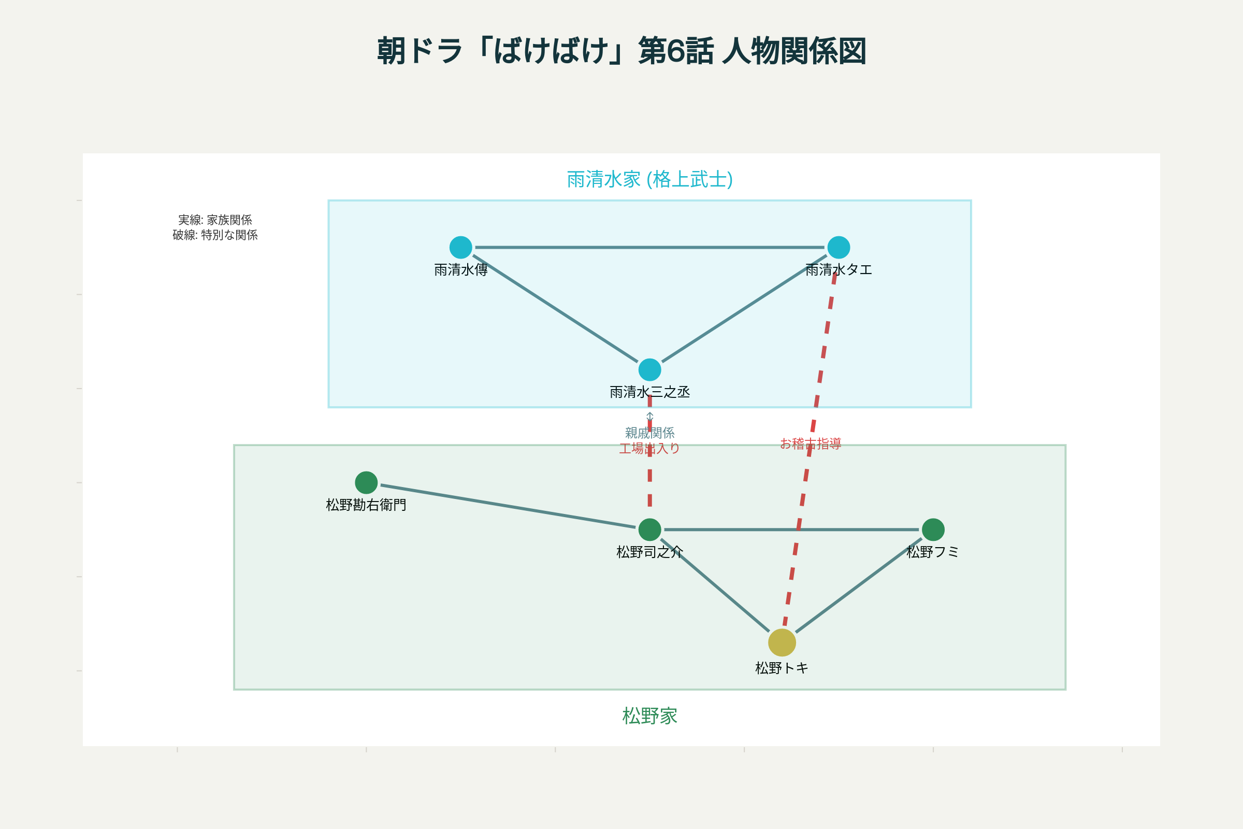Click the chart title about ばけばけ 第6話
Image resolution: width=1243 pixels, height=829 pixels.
point(621,51)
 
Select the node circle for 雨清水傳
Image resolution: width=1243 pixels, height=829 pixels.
point(461,248)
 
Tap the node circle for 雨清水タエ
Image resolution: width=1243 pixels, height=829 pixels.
point(839,248)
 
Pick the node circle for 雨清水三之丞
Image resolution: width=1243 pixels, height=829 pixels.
point(649,369)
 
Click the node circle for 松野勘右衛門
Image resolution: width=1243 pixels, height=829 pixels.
point(366,483)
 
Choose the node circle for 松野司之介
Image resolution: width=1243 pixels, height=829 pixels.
point(649,529)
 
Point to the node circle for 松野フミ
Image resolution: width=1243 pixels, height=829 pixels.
point(933,529)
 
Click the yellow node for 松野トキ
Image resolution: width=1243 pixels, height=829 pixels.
point(782,642)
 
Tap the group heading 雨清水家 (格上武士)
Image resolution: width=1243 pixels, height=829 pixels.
point(649,180)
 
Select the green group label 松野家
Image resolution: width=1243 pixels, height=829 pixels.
point(649,717)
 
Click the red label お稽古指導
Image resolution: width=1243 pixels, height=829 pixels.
point(811,444)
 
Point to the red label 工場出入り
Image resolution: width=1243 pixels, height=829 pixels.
point(649,449)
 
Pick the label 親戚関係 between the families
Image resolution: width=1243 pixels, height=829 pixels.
point(649,433)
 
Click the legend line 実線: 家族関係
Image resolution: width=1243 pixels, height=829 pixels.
point(215,220)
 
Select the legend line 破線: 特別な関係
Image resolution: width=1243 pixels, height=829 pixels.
point(215,235)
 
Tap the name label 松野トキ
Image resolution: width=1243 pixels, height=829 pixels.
point(782,669)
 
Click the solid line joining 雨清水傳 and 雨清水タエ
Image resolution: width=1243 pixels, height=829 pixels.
point(649,248)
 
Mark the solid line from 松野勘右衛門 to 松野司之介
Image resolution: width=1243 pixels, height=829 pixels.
point(508,506)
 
